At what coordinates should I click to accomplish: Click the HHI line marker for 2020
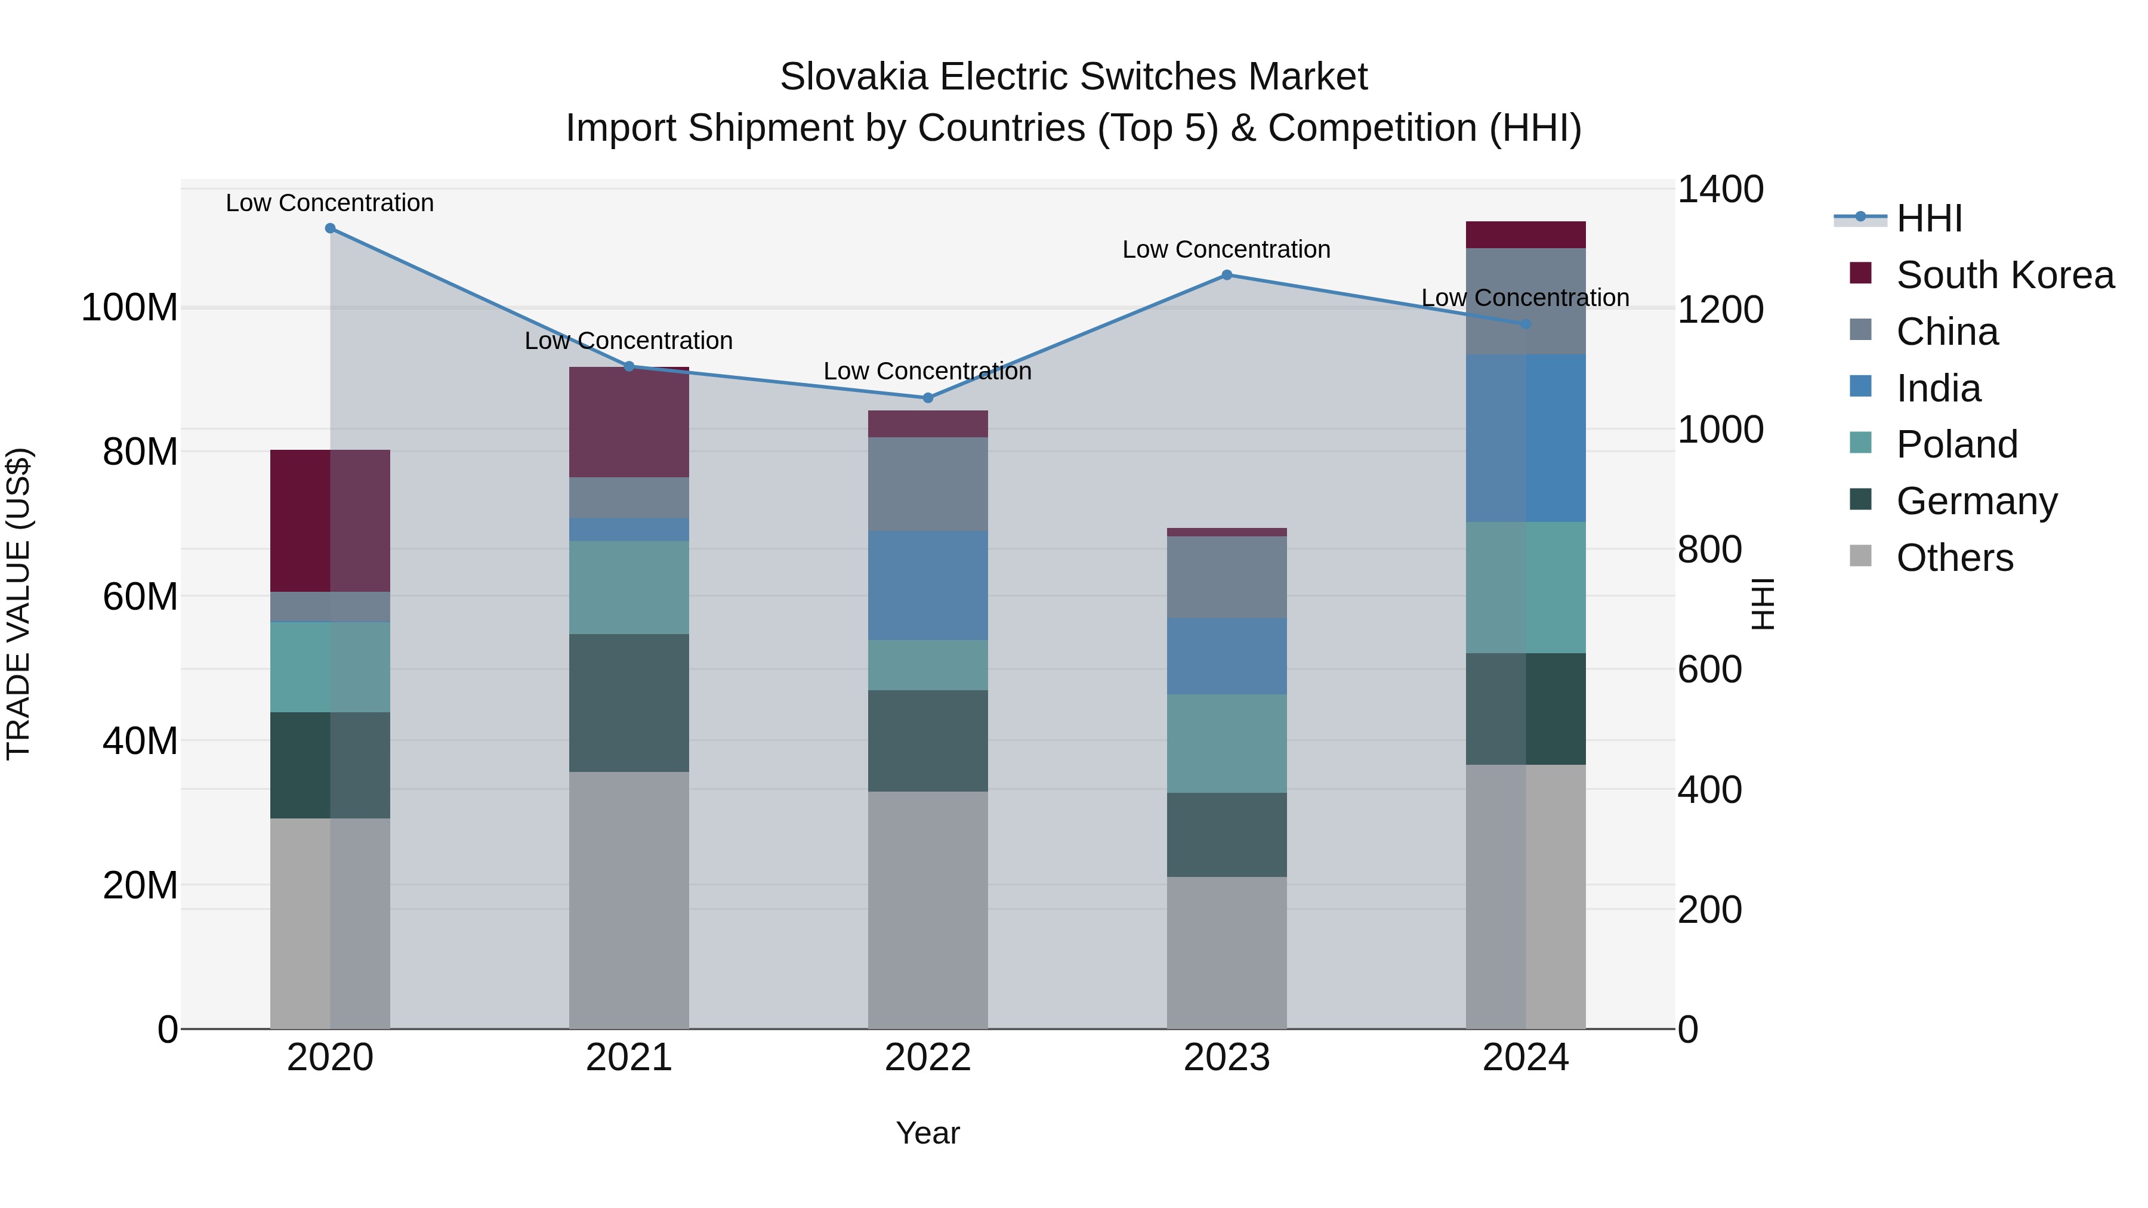pos(330,228)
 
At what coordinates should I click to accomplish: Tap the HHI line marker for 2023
pos(1227,275)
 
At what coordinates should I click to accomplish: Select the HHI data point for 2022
pos(928,398)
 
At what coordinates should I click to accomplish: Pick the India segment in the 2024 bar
pos(1525,438)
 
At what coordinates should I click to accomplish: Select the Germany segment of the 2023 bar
pos(1227,835)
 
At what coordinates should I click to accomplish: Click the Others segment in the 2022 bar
pos(928,910)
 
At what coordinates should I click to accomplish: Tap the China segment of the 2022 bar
pos(928,484)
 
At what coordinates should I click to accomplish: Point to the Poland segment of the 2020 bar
pos(330,667)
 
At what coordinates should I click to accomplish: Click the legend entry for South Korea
pos(2005,275)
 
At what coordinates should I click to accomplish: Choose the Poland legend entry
pos(1956,444)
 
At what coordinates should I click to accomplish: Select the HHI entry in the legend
pos(1928,218)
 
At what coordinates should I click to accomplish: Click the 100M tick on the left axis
pos(129,308)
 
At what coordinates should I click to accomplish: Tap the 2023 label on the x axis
pos(1227,1058)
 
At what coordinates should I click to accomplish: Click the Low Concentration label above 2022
pos(927,371)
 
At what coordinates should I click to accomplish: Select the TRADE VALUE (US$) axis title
pos(18,604)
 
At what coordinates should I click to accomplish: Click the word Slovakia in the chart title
pos(853,77)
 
